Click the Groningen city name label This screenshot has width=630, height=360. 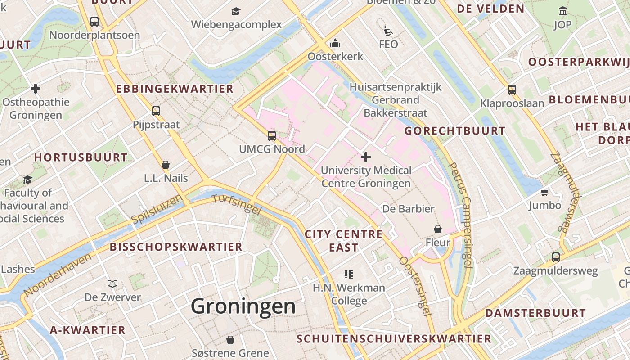(x=243, y=307)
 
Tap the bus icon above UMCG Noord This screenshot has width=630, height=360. (x=271, y=135)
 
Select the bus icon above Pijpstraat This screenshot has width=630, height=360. (x=156, y=111)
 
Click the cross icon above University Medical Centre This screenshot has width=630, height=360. (x=366, y=157)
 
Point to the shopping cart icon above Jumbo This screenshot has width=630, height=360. (x=544, y=193)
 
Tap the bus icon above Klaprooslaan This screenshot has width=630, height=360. (x=512, y=90)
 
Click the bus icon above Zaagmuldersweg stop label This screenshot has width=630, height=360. (x=555, y=257)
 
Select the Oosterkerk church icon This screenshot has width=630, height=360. (x=335, y=44)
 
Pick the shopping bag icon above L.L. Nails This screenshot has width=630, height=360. (x=166, y=165)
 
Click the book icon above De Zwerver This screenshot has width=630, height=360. (x=112, y=283)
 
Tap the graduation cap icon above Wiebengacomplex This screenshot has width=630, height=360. (x=236, y=11)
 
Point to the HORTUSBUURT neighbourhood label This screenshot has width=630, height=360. (x=81, y=157)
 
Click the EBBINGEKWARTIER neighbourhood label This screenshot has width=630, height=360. (x=175, y=89)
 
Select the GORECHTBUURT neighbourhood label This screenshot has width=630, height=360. (x=454, y=131)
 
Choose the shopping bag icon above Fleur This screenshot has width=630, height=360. (x=437, y=229)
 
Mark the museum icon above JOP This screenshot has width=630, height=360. (x=562, y=11)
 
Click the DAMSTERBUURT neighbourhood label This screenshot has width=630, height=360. (x=535, y=313)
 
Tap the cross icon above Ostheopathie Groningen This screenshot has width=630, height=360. (x=36, y=89)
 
